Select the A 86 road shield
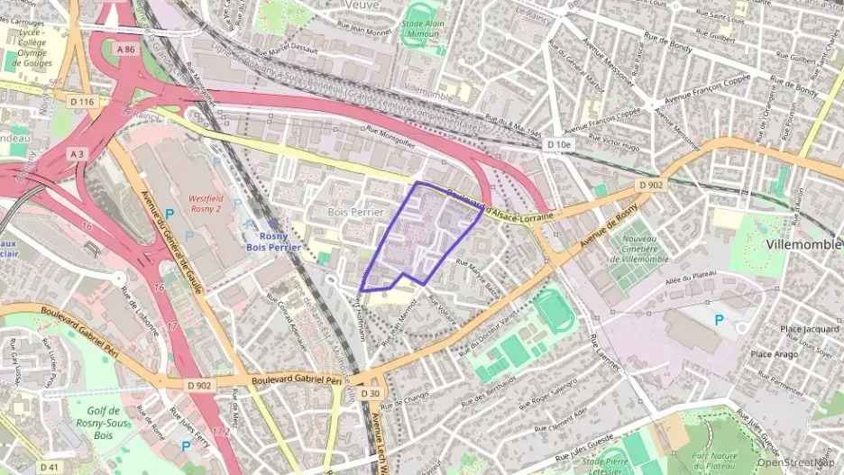(126, 50)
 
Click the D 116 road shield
(81, 102)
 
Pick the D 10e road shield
(559, 144)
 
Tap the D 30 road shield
(370, 394)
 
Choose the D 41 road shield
(49, 467)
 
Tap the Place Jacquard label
(809, 329)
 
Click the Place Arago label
(775, 353)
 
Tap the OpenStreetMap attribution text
(798, 463)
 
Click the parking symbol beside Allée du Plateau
(719, 320)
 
